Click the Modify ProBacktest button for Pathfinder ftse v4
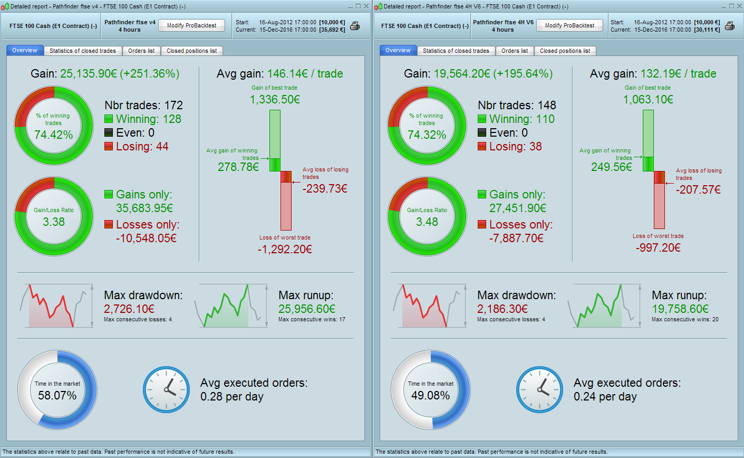(x=192, y=25)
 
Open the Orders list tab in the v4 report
(x=141, y=51)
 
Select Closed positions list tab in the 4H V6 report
(x=565, y=51)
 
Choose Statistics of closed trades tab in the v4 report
(x=82, y=51)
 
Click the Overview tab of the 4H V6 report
(x=398, y=50)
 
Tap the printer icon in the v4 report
(x=355, y=26)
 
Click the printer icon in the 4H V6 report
(x=730, y=26)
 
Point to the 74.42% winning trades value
(x=54, y=135)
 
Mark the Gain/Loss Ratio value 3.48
(x=427, y=222)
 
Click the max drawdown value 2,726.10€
(x=129, y=309)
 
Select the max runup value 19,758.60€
(x=680, y=309)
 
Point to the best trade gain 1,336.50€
(x=275, y=99)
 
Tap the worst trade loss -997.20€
(x=658, y=247)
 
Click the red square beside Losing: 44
(x=109, y=147)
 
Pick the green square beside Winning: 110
(x=482, y=119)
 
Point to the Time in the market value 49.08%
(x=430, y=395)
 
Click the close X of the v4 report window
(x=366, y=6)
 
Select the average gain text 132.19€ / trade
(x=678, y=74)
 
